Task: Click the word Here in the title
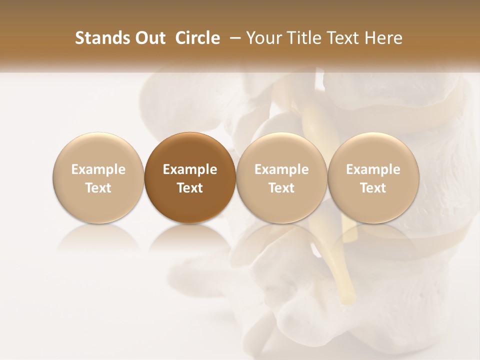click(x=382, y=38)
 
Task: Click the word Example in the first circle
click(x=98, y=169)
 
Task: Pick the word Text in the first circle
click(x=98, y=188)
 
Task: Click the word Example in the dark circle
click(x=190, y=169)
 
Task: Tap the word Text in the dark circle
click(x=190, y=188)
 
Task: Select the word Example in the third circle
click(x=281, y=169)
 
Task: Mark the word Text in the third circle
click(x=281, y=188)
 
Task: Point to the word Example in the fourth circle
click(x=373, y=169)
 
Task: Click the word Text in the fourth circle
click(x=373, y=188)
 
